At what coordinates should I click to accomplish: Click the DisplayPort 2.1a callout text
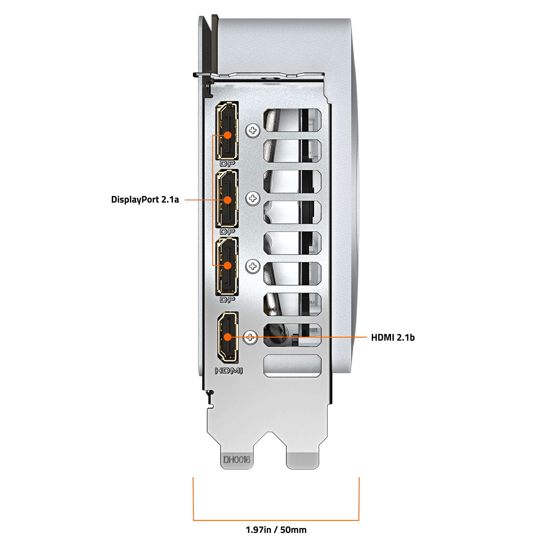point(145,200)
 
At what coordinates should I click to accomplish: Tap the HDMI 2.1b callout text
point(392,338)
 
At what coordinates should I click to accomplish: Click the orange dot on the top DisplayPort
point(227,135)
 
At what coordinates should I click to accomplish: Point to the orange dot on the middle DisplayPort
point(227,200)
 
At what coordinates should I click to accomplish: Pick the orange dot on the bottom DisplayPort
point(227,266)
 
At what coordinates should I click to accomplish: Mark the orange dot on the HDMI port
point(227,337)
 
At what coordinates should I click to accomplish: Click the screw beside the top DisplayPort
point(253,131)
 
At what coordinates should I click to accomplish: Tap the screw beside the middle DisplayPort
point(253,198)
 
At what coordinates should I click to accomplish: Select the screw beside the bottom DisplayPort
point(253,266)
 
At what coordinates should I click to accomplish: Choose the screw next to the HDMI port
point(250,338)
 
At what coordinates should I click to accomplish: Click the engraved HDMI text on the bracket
point(229,371)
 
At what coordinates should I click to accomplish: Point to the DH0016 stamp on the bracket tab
point(237,460)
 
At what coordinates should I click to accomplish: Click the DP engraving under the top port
point(227,164)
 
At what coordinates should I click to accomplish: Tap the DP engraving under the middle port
point(227,232)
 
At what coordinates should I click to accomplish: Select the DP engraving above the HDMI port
point(227,300)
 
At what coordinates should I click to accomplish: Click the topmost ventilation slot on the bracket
point(292,120)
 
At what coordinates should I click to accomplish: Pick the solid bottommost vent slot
point(292,366)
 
